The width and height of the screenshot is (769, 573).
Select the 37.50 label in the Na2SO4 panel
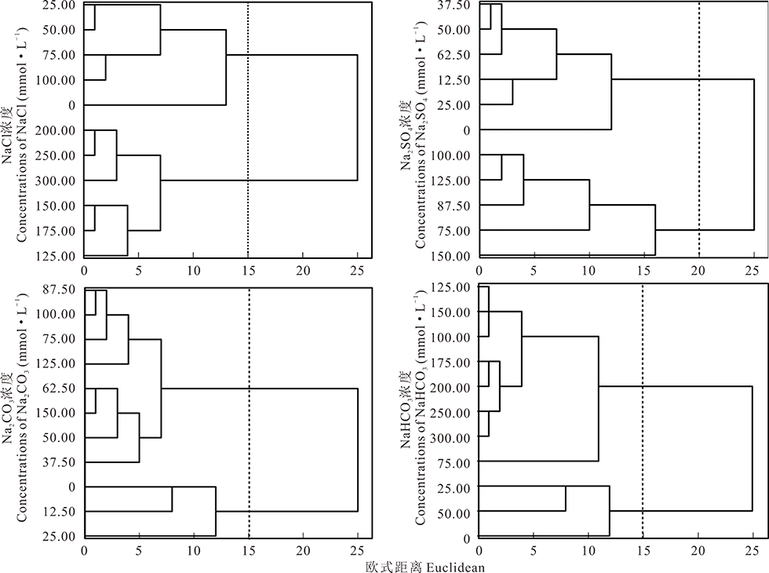click(x=454, y=5)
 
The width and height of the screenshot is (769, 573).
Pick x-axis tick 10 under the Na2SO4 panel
click(x=589, y=269)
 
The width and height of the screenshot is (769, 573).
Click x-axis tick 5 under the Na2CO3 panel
click(x=139, y=550)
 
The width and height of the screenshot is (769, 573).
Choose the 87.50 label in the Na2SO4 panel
click(x=454, y=206)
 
